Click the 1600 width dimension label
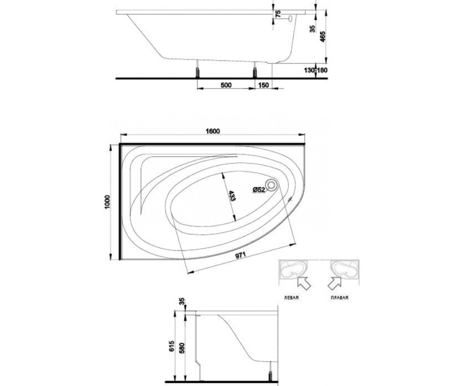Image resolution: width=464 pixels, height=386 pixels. click(213, 131)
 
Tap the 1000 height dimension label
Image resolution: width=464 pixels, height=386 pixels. click(107, 201)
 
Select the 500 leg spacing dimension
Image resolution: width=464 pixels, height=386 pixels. click(226, 85)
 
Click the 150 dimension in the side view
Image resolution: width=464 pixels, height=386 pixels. click(264, 85)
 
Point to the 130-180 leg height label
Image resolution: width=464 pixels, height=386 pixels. click(316, 70)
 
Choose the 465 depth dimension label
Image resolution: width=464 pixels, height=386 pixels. click(323, 36)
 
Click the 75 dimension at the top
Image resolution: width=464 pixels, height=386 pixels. click(278, 14)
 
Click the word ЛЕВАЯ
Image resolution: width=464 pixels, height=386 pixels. click(291, 298)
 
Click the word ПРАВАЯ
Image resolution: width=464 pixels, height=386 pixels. click(339, 298)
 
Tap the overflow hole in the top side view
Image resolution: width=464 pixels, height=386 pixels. click(290, 19)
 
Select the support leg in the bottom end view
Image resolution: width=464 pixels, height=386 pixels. click(270, 361)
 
